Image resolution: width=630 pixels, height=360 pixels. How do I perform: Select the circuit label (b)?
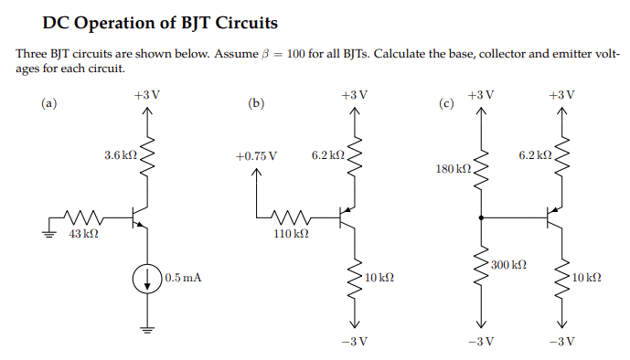tap(256, 103)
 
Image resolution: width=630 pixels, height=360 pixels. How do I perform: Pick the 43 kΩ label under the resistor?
tap(84, 235)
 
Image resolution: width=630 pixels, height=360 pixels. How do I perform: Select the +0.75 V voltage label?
tap(255, 156)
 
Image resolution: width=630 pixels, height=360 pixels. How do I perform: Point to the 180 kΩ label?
tap(454, 170)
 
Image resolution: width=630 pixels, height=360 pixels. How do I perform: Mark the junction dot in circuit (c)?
tap(481, 217)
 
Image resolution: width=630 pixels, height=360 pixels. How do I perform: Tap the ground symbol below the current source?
tap(147, 330)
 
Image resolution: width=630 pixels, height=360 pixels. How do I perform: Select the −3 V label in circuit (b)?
tap(354, 342)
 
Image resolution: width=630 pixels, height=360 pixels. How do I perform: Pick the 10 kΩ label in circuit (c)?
tap(585, 277)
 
